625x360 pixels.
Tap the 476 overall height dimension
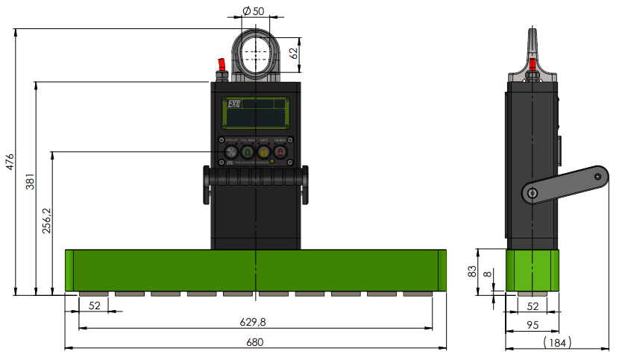click(x=10, y=162)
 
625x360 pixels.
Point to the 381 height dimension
click(x=30, y=183)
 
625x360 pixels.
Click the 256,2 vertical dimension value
click(x=46, y=221)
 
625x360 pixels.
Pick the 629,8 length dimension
click(x=254, y=321)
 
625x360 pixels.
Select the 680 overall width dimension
click(x=254, y=341)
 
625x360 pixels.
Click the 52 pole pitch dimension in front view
click(x=95, y=305)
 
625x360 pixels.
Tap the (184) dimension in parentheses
click(x=554, y=341)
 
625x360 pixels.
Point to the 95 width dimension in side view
click(x=533, y=324)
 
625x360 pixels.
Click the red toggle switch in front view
click(x=221, y=65)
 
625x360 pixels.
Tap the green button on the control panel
click(x=248, y=152)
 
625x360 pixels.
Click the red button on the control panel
click(x=280, y=152)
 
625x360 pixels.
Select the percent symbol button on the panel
click(x=231, y=152)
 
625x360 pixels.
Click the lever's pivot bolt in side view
click(x=531, y=193)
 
